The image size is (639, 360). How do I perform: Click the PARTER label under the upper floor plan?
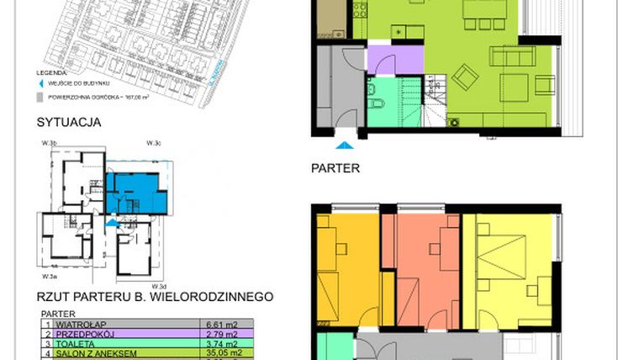pyautogui.click(x=335, y=168)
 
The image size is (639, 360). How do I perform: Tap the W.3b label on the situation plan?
pyautogui.click(x=48, y=144)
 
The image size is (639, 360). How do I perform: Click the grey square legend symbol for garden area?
pyautogui.click(x=39, y=97)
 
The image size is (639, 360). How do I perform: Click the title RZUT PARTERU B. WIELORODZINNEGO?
pyautogui.click(x=155, y=296)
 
